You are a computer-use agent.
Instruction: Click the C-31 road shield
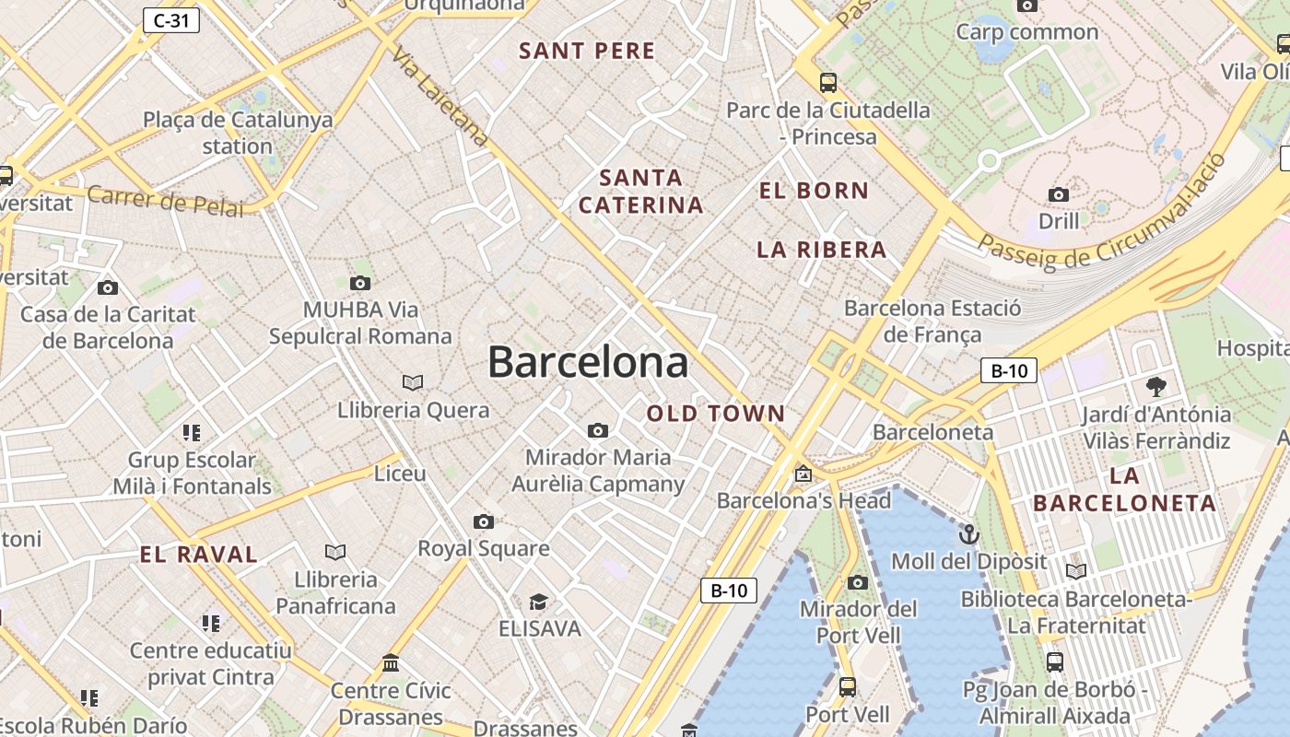pos(171,20)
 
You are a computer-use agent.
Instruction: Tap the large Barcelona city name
pos(588,362)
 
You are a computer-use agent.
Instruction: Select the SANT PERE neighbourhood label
pos(587,51)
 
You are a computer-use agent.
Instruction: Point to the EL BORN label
pos(814,191)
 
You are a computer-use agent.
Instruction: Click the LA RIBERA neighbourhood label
pos(821,250)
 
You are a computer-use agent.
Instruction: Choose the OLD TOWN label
pos(715,414)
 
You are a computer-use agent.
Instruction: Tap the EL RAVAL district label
pos(198,555)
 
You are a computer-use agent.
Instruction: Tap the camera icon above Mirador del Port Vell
pos(858,582)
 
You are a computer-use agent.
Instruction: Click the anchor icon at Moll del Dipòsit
pos(968,534)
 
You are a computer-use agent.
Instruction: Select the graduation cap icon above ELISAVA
pos(539,602)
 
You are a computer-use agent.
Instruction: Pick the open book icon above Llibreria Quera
pos(413,382)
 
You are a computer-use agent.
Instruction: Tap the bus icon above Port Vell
pos(848,687)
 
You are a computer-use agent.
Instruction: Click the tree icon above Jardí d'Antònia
pos(1155,386)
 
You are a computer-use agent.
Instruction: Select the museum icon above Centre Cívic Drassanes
pos(391,662)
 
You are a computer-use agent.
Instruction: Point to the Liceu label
pos(400,474)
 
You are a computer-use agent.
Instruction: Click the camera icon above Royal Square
pos(484,522)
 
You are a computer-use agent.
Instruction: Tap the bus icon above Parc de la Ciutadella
pos(828,83)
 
